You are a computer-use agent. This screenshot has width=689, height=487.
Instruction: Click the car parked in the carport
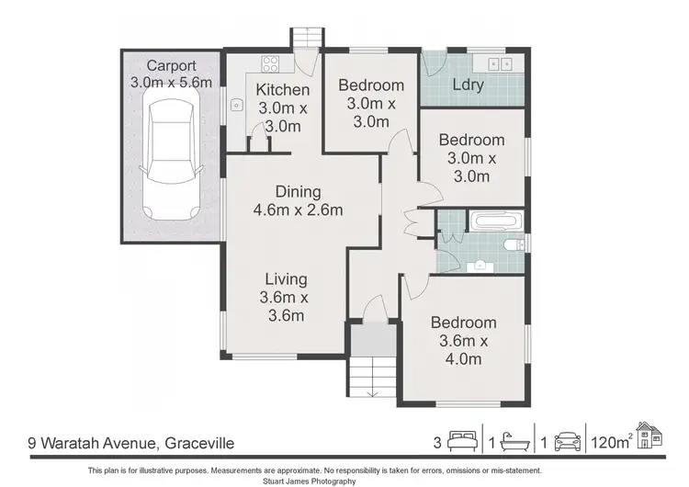coord(172,164)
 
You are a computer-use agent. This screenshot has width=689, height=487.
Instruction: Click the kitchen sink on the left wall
coord(235,105)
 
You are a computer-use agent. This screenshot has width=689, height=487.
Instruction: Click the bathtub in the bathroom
coord(497,221)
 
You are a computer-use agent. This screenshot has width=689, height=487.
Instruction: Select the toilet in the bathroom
coord(515,245)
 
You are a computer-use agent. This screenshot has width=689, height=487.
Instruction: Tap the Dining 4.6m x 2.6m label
coord(298,200)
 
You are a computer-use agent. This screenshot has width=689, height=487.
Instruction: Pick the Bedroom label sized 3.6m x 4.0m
coord(463,340)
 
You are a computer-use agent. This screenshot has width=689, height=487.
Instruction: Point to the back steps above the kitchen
coord(305,39)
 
